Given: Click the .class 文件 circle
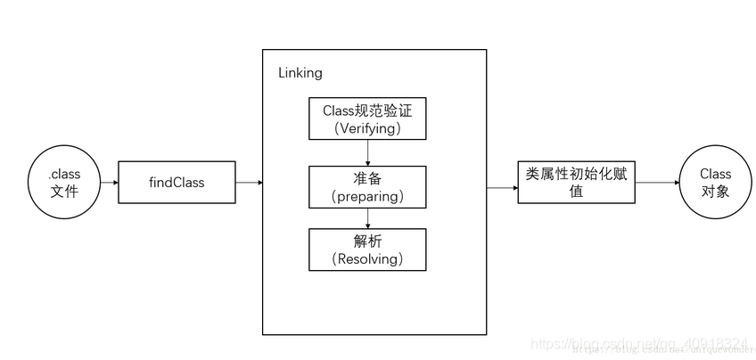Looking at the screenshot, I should pyautogui.click(x=64, y=182).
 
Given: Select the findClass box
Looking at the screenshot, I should pyautogui.click(x=177, y=183).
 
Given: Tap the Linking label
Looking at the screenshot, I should pyautogui.click(x=299, y=72).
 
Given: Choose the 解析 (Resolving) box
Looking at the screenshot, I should pyautogui.click(x=367, y=250).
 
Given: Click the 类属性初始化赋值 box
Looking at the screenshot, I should pyautogui.click(x=576, y=182).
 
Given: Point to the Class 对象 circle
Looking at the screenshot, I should pyautogui.click(x=715, y=182).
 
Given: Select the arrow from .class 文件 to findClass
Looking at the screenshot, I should pyautogui.click(x=108, y=183).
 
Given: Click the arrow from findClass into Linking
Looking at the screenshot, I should pyautogui.click(x=249, y=183).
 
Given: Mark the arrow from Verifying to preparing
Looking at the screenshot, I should pyautogui.click(x=367, y=152).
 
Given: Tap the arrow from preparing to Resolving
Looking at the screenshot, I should pyautogui.click(x=367, y=217).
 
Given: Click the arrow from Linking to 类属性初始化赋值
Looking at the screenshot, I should pyautogui.click(x=502, y=188).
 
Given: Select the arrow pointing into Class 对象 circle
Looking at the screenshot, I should pyautogui.click(x=656, y=182).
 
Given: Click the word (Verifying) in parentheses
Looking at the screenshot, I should pyautogui.click(x=367, y=128).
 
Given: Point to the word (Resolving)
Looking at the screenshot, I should pyautogui.click(x=367, y=259).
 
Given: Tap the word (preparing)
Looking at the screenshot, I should pyautogui.click(x=367, y=196).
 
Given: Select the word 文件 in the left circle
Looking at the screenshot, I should pyautogui.click(x=64, y=191).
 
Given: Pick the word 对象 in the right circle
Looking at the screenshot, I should pyautogui.click(x=715, y=191).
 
